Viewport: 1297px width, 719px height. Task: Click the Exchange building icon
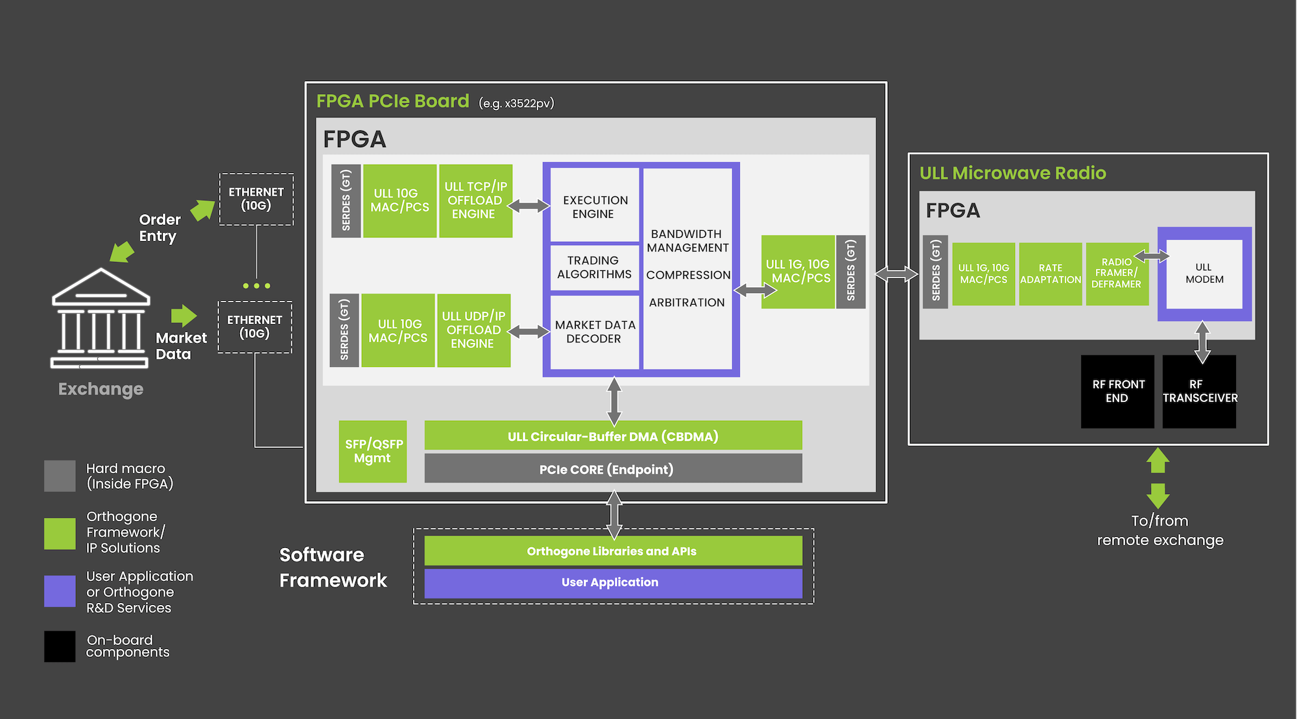[x=101, y=318]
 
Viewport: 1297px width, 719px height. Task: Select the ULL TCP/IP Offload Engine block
[x=475, y=201]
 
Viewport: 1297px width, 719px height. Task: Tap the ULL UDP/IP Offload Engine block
[x=473, y=331]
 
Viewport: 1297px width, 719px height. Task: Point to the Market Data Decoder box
[x=595, y=332]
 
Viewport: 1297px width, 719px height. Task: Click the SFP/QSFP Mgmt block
[x=373, y=451]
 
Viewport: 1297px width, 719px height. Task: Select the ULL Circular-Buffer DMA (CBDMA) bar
[x=613, y=436]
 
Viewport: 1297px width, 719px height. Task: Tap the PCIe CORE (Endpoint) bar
[x=613, y=469]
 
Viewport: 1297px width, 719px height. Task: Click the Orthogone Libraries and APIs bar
[x=613, y=551]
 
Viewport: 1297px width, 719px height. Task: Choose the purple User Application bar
[x=613, y=583]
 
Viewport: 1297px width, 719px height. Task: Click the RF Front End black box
[x=1117, y=392]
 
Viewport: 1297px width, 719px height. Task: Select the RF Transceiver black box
[x=1199, y=392]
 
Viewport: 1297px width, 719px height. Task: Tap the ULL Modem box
[x=1204, y=274]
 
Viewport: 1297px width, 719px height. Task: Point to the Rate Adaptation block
[x=1051, y=274]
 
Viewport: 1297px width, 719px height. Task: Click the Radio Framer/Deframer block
[x=1117, y=274]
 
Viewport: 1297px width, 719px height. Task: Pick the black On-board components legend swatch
[x=60, y=646]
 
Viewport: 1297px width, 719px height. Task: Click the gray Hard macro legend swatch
[x=60, y=476]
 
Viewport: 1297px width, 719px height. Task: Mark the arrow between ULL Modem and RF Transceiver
[x=1202, y=342]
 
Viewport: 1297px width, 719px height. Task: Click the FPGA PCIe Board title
[x=392, y=101]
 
